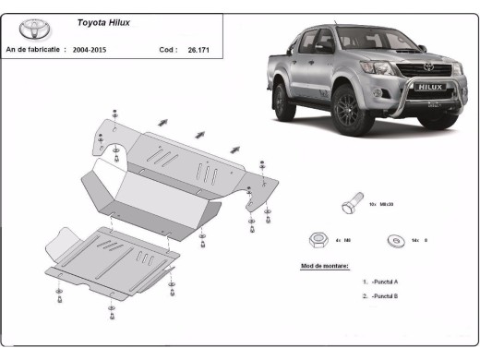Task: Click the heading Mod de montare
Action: [x=325, y=265]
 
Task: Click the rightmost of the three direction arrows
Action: [x=235, y=147]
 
